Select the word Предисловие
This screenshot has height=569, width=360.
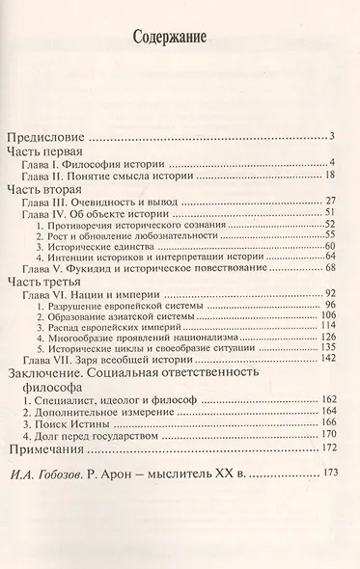coord(47,135)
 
